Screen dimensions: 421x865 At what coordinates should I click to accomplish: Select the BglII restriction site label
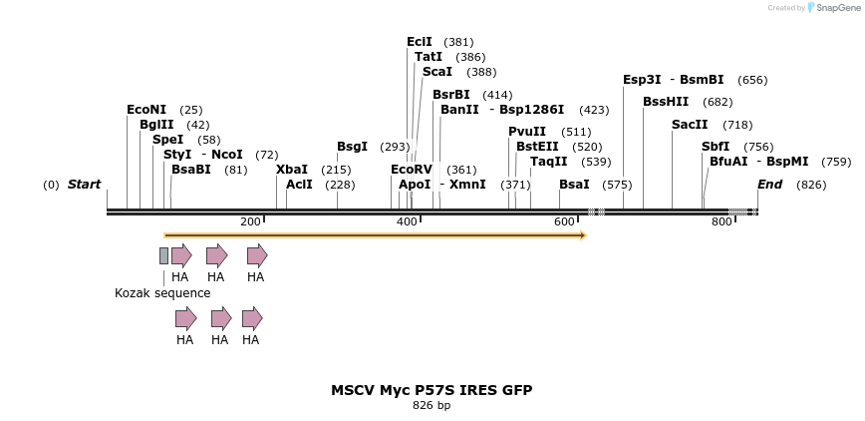tap(156, 125)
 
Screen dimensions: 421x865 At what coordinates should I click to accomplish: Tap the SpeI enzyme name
tap(167, 140)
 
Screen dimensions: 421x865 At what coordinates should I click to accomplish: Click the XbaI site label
tap(292, 170)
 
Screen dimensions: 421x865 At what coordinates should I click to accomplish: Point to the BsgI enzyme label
tap(352, 147)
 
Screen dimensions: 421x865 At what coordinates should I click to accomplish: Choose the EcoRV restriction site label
tap(412, 170)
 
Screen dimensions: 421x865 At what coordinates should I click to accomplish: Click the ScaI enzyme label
tap(437, 72)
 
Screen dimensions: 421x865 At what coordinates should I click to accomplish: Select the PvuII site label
tap(527, 132)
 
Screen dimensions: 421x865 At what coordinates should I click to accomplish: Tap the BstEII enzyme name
tap(537, 147)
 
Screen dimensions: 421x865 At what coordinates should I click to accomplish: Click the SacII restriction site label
tap(690, 125)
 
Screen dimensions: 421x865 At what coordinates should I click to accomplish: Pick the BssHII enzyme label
tap(666, 102)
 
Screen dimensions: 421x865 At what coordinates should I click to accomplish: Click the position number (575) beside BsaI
tap(617, 185)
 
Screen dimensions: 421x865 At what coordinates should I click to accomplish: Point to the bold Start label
tap(85, 185)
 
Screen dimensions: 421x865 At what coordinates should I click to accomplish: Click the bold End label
tap(769, 185)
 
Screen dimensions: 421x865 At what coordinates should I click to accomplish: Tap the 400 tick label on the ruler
tap(407, 221)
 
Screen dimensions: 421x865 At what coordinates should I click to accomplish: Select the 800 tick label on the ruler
tap(721, 221)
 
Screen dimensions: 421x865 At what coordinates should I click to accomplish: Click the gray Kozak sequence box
tap(163, 255)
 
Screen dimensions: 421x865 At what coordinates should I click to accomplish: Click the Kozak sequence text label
tap(162, 293)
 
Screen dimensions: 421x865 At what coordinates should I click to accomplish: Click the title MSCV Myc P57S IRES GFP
tap(432, 390)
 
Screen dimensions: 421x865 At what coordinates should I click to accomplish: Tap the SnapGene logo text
tap(834, 8)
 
